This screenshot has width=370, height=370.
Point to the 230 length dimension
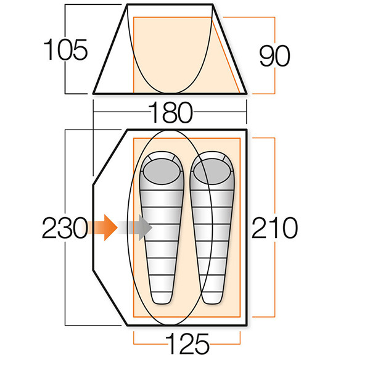point(64,229)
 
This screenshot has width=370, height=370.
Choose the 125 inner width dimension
point(187,342)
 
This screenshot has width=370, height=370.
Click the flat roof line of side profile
point(169,4)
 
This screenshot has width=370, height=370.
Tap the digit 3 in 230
point(64,229)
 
